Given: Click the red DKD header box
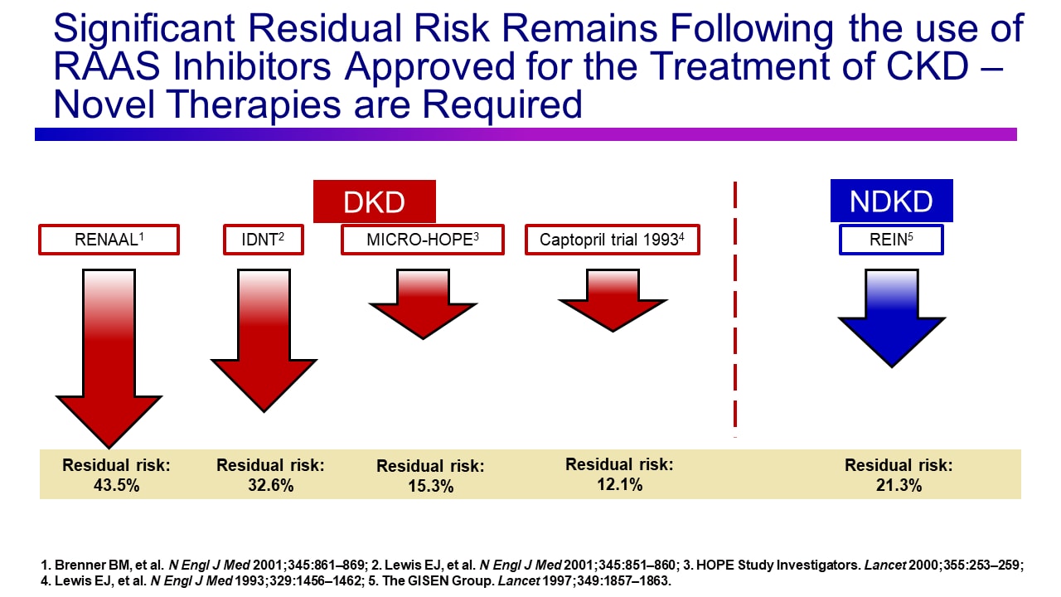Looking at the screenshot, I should (x=374, y=201).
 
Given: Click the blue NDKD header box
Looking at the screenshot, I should (x=891, y=201).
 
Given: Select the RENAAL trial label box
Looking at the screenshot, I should (x=109, y=240).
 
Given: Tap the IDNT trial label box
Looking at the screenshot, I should (x=264, y=240).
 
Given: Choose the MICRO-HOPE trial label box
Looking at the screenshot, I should (x=423, y=240).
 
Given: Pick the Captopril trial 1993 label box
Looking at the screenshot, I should (x=613, y=240).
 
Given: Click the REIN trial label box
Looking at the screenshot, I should (x=891, y=240).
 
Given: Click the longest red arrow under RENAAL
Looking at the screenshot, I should (x=109, y=357).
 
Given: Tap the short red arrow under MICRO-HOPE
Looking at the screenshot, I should (x=423, y=303).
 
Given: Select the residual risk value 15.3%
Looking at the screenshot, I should (x=430, y=487).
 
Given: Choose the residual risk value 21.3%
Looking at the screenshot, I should (x=899, y=486).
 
